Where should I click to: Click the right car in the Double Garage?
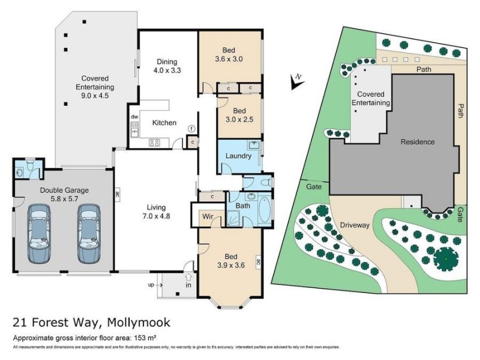(89, 233)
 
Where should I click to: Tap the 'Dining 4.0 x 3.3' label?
(169, 65)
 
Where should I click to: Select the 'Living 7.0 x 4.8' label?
(156, 211)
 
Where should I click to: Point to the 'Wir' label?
(208, 215)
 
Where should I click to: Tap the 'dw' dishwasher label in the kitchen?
(134, 116)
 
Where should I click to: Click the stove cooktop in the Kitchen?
(154, 142)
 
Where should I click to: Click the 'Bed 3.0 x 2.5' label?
(239, 115)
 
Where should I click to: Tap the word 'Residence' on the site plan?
(418, 142)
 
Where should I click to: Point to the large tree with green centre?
(446, 259)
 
